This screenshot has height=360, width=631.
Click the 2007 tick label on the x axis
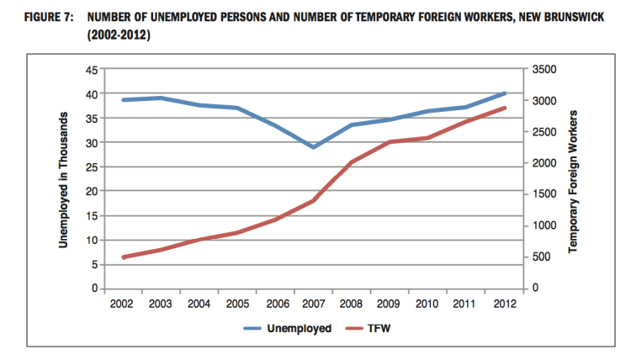click(x=313, y=304)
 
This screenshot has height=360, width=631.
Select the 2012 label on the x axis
click(x=504, y=304)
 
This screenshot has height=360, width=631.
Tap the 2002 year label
click(x=123, y=304)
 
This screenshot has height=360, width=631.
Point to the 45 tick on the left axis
click(x=93, y=70)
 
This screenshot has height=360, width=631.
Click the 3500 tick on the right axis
click(x=544, y=70)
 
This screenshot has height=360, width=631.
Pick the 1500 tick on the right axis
click(x=544, y=194)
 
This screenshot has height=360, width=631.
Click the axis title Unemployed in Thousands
click(x=63, y=181)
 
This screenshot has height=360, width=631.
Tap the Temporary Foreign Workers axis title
click(x=574, y=181)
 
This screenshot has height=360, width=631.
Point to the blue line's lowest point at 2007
click(x=313, y=147)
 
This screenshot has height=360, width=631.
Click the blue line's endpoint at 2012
click(x=504, y=93)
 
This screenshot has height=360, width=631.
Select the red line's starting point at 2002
click(x=123, y=257)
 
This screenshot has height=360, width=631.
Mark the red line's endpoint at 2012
click(x=504, y=108)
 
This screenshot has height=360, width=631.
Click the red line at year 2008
click(x=352, y=161)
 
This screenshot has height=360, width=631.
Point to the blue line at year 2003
click(x=162, y=98)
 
